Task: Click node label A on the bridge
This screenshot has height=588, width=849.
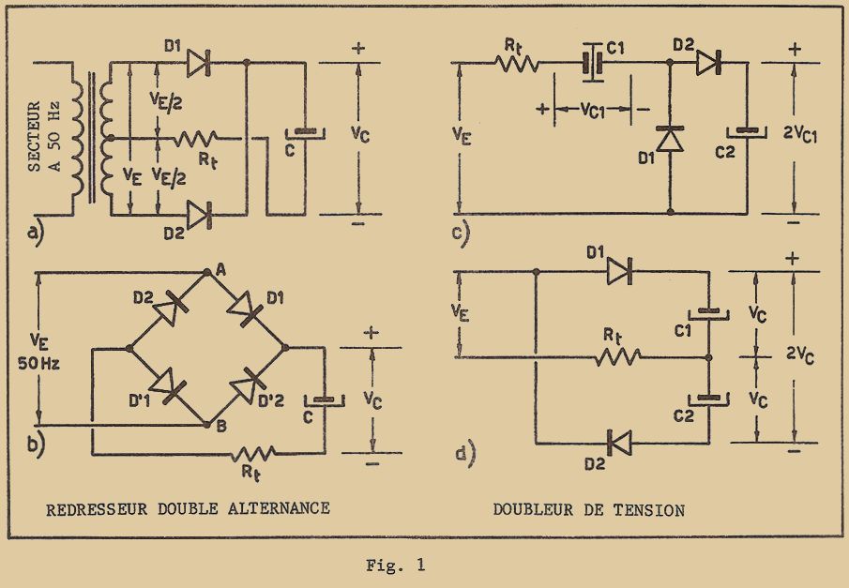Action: pyautogui.click(x=220, y=271)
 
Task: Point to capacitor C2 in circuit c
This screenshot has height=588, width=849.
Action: pyautogui.click(x=748, y=130)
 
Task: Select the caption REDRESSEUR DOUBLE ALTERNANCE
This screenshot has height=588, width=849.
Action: pyautogui.click(x=188, y=509)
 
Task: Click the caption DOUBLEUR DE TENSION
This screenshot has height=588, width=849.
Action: pyautogui.click(x=588, y=510)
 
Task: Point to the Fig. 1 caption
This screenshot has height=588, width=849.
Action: pyautogui.click(x=395, y=565)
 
